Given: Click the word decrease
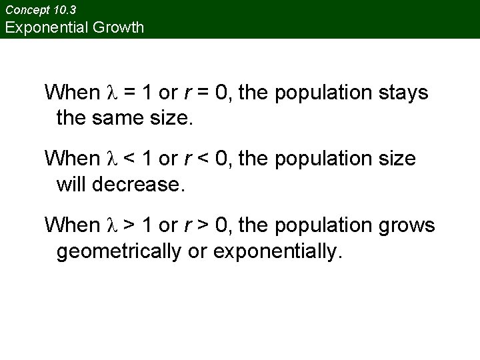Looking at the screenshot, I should (x=138, y=185).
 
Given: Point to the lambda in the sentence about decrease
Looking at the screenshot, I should (x=112, y=159).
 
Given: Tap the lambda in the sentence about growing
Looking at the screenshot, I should (x=112, y=225).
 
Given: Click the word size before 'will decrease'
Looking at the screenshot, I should (x=395, y=159).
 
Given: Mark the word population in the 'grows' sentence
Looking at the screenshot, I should (x=318, y=225).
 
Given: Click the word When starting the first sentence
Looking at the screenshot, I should (x=71, y=92).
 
